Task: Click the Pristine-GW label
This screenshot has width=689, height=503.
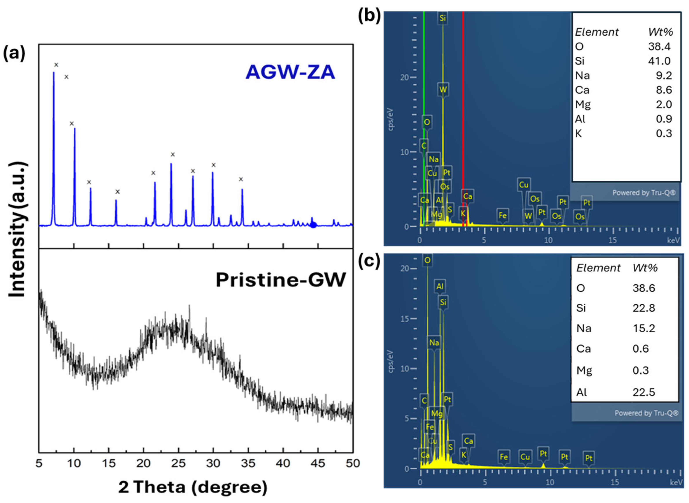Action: pos(281,280)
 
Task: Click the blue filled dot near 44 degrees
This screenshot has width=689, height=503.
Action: pos(313,225)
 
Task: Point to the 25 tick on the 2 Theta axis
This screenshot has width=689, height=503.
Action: pos(178,463)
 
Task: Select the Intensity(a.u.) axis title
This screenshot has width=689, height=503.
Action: pos(17,230)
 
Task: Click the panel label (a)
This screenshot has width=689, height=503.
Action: pos(14,54)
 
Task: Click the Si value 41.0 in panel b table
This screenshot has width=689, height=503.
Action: pos(659,61)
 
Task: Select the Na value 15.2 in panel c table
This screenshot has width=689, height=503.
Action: pos(644,328)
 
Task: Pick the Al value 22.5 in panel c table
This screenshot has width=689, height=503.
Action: pos(644,392)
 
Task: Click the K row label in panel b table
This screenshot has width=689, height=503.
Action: pos(578,133)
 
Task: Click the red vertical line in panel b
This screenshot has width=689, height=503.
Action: pos(463,122)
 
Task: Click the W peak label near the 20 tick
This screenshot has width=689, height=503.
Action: pos(443,89)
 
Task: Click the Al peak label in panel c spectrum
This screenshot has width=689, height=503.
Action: pos(440,286)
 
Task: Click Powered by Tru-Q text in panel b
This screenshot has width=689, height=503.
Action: pos(644,193)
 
